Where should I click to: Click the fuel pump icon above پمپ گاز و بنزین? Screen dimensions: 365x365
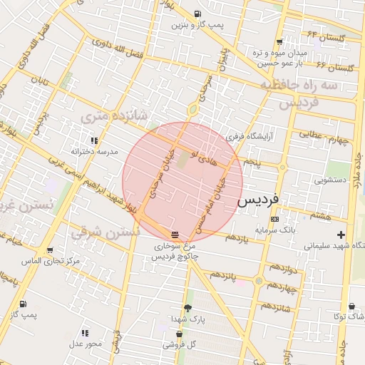click(x=197, y=14)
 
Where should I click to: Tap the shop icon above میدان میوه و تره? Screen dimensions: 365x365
click(x=279, y=41)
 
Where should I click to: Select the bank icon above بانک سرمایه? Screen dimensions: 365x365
click(x=274, y=219)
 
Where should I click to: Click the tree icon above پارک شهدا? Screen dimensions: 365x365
click(x=187, y=308)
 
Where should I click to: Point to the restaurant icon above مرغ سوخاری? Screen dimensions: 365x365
click(x=175, y=234)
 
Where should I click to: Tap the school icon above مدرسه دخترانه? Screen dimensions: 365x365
click(x=94, y=140)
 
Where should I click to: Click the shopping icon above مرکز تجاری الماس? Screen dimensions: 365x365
click(x=49, y=250)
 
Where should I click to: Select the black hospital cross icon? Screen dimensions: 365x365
click(x=341, y=235)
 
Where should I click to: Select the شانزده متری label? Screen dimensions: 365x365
click(x=114, y=115)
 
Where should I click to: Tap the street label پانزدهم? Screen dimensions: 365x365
click(x=223, y=275)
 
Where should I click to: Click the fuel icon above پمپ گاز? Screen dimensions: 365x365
click(x=24, y=303)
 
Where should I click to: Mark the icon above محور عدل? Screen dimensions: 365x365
click(x=86, y=332)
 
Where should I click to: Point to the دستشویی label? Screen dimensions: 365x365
click(x=330, y=180)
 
